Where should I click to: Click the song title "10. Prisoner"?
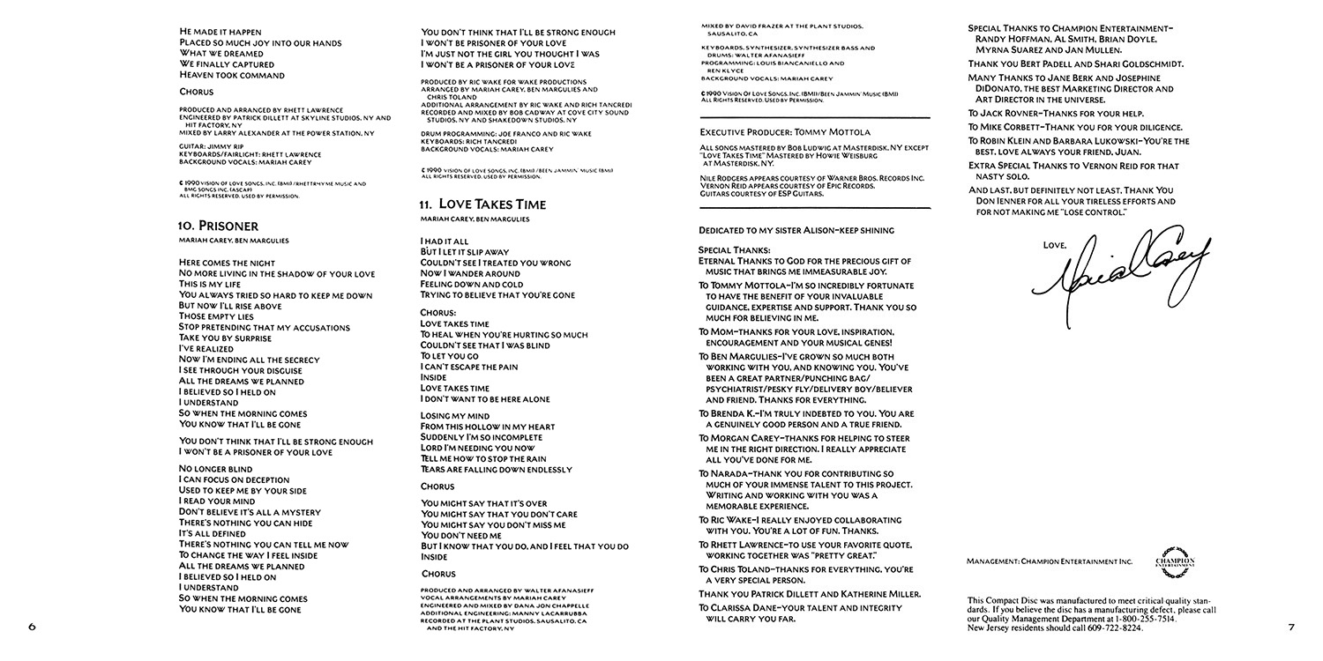(x=218, y=226)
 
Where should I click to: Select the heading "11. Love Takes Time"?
(x=482, y=204)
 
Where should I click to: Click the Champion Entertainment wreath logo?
(x=1175, y=561)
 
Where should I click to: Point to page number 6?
(x=32, y=628)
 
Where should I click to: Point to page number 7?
(x=1290, y=628)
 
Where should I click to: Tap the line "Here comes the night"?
(x=227, y=263)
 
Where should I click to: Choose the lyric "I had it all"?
(x=445, y=241)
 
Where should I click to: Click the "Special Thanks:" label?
(x=734, y=250)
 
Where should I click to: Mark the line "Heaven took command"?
(x=231, y=75)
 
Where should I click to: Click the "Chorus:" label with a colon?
(x=439, y=312)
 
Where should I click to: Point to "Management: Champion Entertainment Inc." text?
(x=1049, y=561)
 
